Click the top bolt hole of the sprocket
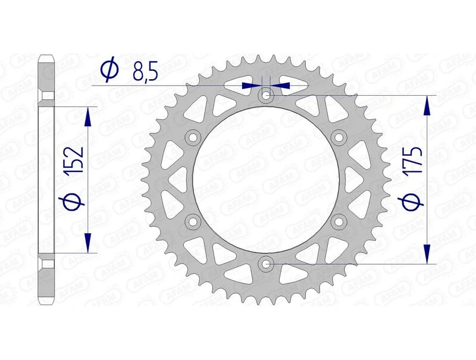click(x=266, y=95)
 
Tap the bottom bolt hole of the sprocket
click(x=266, y=263)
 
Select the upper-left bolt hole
click(x=193, y=137)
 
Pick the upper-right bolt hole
click(x=339, y=137)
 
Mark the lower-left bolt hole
click(x=193, y=221)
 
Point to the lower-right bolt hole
click(x=339, y=221)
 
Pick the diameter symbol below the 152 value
click(x=77, y=199)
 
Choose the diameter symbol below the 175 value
click(x=415, y=202)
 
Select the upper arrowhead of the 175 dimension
click(x=426, y=105)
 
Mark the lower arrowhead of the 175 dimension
click(x=426, y=253)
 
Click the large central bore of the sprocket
click(x=266, y=179)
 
